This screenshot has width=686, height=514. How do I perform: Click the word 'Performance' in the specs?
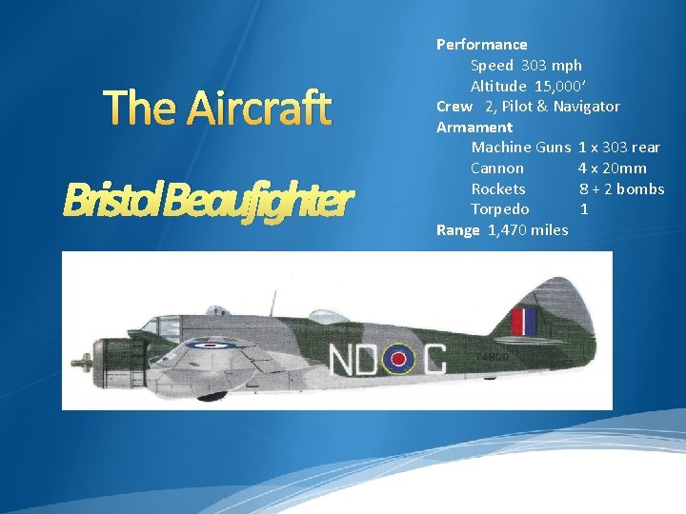(x=481, y=44)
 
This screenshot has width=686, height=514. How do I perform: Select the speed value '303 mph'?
(x=550, y=65)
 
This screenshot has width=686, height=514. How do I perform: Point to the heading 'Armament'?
(x=474, y=127)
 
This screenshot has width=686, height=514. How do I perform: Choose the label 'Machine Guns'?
(x=520, y=148)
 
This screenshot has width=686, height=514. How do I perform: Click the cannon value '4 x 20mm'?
(x=612, y=168)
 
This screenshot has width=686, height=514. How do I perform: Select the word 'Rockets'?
(x=497, y=188)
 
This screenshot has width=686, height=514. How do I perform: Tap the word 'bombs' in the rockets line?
(x=640, y=188)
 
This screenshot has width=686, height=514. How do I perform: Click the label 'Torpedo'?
(x=499, y=209)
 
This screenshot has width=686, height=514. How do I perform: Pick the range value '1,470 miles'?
(x=528, y=229)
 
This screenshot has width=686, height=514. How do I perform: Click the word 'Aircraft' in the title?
(x=258, y=109)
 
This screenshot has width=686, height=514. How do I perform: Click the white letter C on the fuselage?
(x=434, y=360)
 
